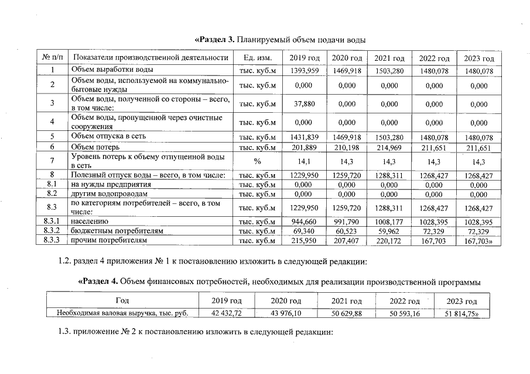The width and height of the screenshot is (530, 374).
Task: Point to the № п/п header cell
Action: [x=52, y=58]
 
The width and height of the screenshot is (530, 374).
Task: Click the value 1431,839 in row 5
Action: [x=305, y=137]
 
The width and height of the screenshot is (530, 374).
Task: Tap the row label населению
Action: [x=91, y=222]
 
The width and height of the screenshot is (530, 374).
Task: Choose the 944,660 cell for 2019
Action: [x=305, y=222]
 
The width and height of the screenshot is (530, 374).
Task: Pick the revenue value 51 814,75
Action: [x=462, y=313]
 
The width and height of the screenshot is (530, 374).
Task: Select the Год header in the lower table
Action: [x=122, y=301]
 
